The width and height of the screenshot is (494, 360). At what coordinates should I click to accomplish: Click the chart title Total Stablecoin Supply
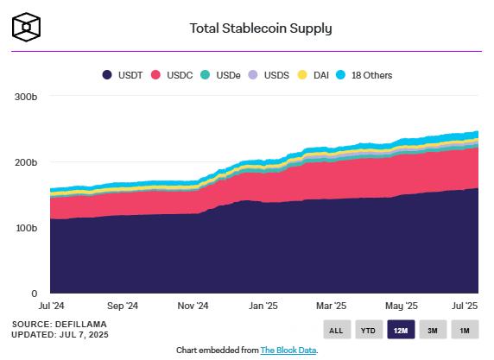pos(260,28)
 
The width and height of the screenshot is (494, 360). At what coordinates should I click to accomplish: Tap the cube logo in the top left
pos(27,27)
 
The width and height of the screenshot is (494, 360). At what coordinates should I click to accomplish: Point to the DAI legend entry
pos(315,75)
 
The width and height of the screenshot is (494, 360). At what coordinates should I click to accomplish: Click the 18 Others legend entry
pos(363,75)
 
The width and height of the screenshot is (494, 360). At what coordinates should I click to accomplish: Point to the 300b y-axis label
pos(25,96)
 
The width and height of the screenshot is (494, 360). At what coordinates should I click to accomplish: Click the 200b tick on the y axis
pos(25,162)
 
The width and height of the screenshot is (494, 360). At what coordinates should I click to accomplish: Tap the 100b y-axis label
pos(25,228)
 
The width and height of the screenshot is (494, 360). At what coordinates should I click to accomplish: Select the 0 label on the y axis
pos(34,294)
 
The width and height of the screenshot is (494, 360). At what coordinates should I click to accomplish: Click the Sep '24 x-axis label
pos(122,306)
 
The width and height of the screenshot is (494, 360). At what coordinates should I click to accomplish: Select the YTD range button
pos(368,330)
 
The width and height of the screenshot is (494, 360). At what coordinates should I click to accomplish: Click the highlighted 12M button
pos(400,330)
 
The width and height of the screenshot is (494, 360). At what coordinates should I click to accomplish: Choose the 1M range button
pos(464,330)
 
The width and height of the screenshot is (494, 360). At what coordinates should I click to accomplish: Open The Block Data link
pos(288,350)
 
